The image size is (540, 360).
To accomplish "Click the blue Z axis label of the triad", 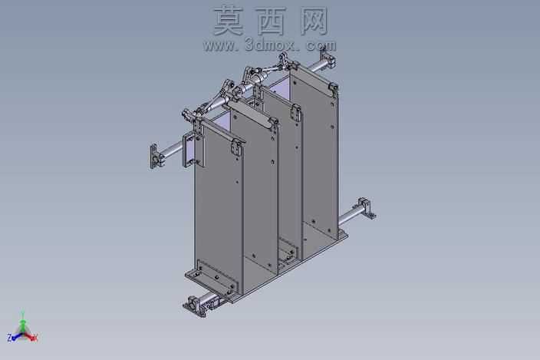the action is click(x=10, y=338).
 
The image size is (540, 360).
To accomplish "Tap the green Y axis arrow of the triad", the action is click(x=23, y=323).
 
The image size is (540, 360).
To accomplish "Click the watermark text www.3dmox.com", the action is click(x=270, y=45).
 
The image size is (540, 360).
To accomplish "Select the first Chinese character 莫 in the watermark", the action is click(x=229, y=21).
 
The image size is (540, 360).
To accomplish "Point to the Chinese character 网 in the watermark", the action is click(x=314, y=21).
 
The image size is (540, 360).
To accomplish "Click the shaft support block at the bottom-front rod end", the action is click(x=194, y=306).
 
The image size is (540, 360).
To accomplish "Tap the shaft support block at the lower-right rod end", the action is click(x=366, y=208).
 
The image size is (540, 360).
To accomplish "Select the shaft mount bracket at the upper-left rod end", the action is click(x=155, y=156).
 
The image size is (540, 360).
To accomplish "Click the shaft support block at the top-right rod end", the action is click(x=328, y=58).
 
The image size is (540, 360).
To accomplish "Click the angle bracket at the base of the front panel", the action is click(x=212, y=276).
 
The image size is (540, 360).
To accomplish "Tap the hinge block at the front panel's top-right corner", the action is click(x=237, y=147).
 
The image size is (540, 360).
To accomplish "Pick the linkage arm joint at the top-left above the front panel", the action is click(x=190, y=115).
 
